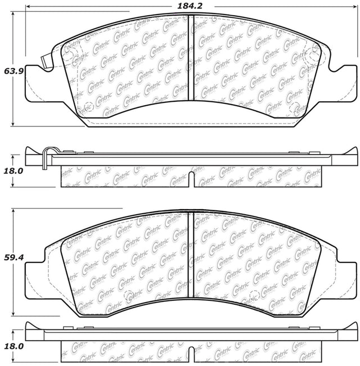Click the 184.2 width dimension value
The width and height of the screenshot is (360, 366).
pyautogui.click(x=190, y=6)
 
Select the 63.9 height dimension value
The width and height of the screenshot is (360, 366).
pyautogui.click(x=13, y=71)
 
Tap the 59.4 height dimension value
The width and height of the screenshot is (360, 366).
pyautogui.click(x=13, y=257)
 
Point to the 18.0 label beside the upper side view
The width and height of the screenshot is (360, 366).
pyautogui.click(x=13, y=171)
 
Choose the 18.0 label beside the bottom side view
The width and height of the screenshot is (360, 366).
pyautogui.click(x=13, y=346)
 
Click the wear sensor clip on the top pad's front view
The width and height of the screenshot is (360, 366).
pyautogui.click(x=46, y=62)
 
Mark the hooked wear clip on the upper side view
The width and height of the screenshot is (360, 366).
pyautogui.click(x=48, y=157)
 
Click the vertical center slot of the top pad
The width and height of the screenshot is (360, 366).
pyautogui.click(x=191, y=58)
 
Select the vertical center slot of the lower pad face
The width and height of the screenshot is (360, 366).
pyautogui.click(x=191, y=255)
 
